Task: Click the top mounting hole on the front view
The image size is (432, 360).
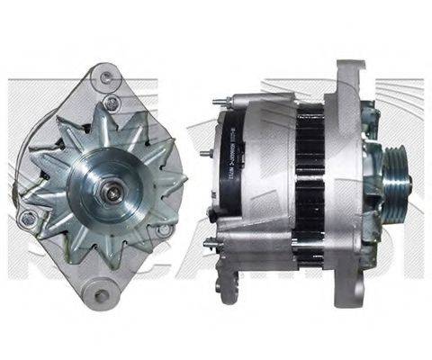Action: coord(108,72)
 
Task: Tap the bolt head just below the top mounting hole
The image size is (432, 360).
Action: coord(111,102)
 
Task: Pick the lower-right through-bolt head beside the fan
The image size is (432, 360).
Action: coord(164,230)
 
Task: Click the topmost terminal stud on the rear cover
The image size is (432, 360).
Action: coord(218,101)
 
